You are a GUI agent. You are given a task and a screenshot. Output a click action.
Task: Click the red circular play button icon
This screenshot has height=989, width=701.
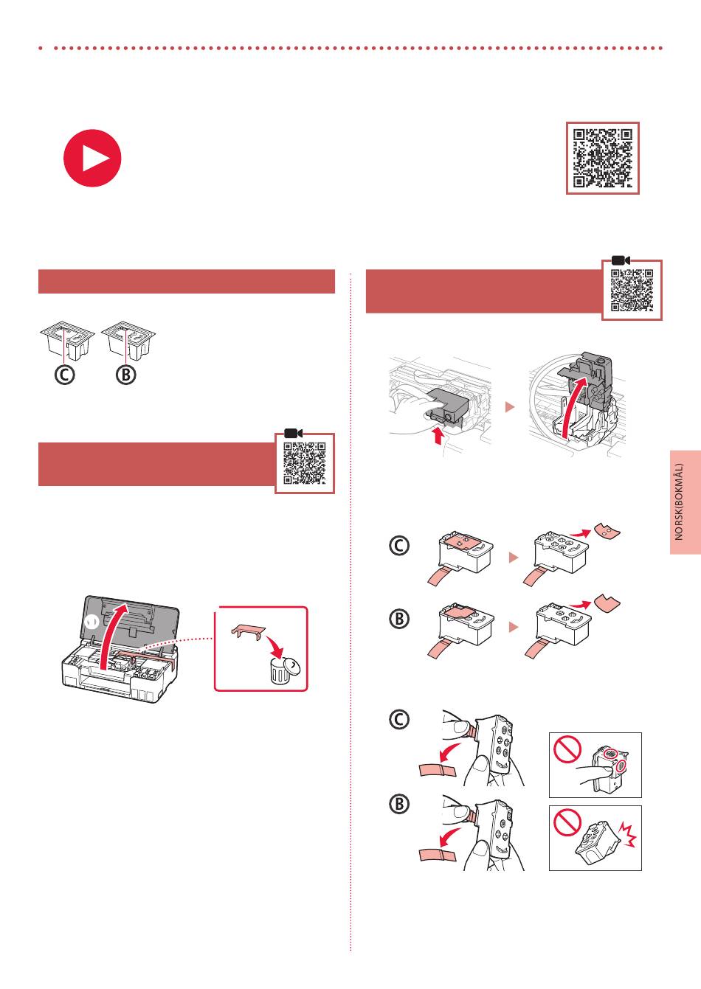click(92, 158)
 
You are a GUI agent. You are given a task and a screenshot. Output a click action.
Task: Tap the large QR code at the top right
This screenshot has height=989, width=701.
click(603, 158)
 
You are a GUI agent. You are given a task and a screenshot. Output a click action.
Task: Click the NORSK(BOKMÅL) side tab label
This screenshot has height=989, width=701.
click(679, 502)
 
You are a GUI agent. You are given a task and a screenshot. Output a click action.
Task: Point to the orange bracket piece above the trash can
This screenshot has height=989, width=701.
click(248, 631)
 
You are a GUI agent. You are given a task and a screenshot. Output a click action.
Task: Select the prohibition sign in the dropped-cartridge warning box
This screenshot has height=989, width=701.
click(567, 822)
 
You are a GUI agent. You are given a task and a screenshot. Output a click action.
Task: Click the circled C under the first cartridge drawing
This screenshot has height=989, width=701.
click(64, 375)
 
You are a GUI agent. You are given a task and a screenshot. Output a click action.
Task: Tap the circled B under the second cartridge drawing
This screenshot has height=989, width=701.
click(126, 375)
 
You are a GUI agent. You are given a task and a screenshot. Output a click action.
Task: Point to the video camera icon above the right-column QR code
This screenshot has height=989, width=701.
click(621, 260)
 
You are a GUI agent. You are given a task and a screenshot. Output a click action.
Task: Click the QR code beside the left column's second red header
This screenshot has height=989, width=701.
click(304, 463)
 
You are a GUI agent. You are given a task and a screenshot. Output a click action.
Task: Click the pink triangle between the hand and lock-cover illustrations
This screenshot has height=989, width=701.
click(510, 406)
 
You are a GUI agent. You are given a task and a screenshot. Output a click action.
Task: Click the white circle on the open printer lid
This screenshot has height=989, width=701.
click(92, 622)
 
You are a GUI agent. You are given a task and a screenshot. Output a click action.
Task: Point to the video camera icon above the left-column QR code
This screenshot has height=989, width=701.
click(293, 433)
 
